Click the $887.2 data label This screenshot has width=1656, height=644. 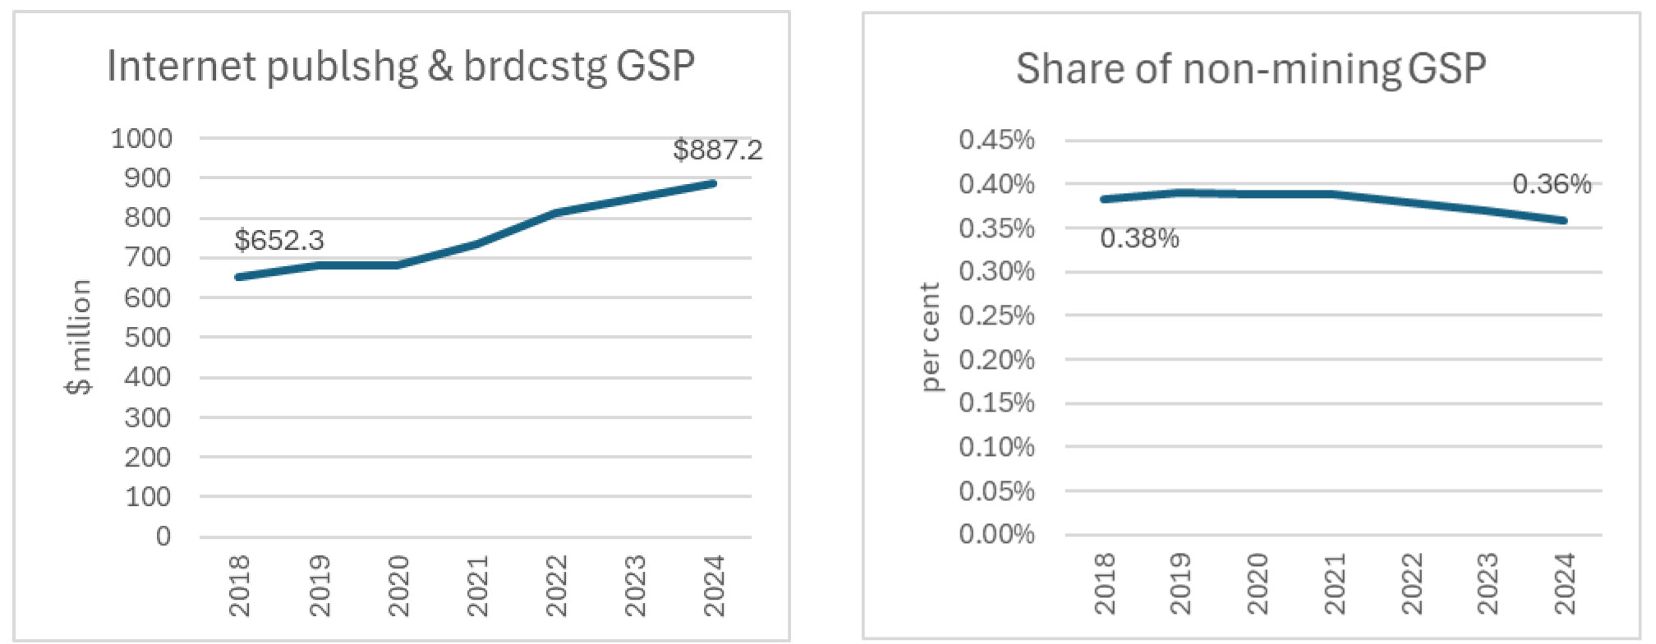pyautogui.click(x=717, y=150)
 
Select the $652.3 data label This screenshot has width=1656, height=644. pyautogui.click(x=279, y=241)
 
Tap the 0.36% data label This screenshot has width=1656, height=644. pyautogui.click(x=1551, y=184)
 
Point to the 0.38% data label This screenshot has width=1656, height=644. pyautogui.click(x=1139, y=239)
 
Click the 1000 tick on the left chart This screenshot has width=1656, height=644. pyautogui.click(x=141, y=138)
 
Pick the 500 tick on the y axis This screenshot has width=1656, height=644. pyautogui.click(x=147, y=337)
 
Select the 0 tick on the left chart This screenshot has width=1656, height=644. pyautogui.click(x=163, y=536)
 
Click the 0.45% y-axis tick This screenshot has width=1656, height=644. pyautogui.click(x=996, y=140)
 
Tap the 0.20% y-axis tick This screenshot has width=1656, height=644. pyautogui.click(x=996, y=359)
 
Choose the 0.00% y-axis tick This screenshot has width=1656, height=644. pyautogui.click(x=996, y=535)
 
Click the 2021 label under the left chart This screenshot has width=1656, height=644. pyautogui.click(x=477, y=585)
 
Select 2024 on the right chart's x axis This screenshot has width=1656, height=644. pyautogui.click(x=1564, y=583)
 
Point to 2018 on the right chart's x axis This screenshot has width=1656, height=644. pyautogui.click(x=1105, y=583)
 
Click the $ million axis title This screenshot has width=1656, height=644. pyautogui.click(x=79, y=337)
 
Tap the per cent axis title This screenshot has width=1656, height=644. pyautogui.click(x=929, y=337)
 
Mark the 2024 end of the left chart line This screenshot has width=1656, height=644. pyautogui.click(x=713, y=183)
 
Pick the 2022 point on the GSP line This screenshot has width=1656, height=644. pyautogui.click(x=556, y=213)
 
